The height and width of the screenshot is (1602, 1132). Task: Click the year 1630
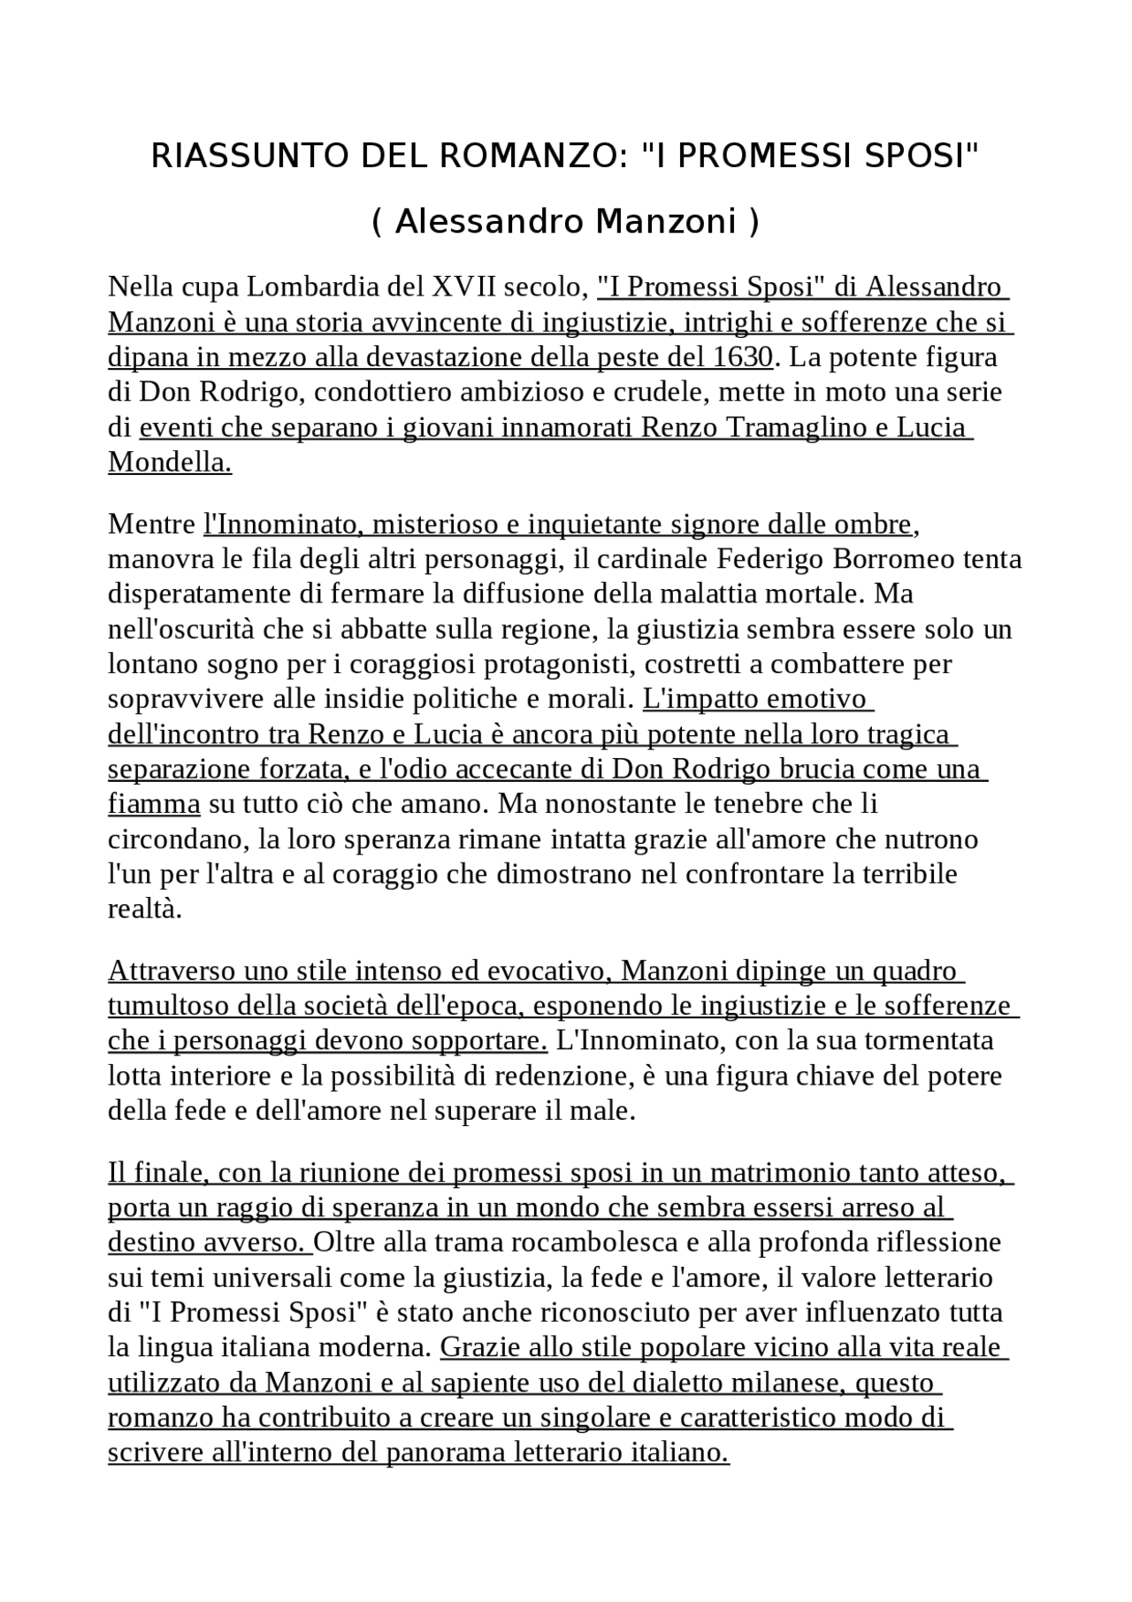coord(741,357)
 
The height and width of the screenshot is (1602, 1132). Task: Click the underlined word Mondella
coord(170,463)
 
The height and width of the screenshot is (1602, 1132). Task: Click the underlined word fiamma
coord(154,804)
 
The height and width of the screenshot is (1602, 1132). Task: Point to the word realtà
coord(144,908)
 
